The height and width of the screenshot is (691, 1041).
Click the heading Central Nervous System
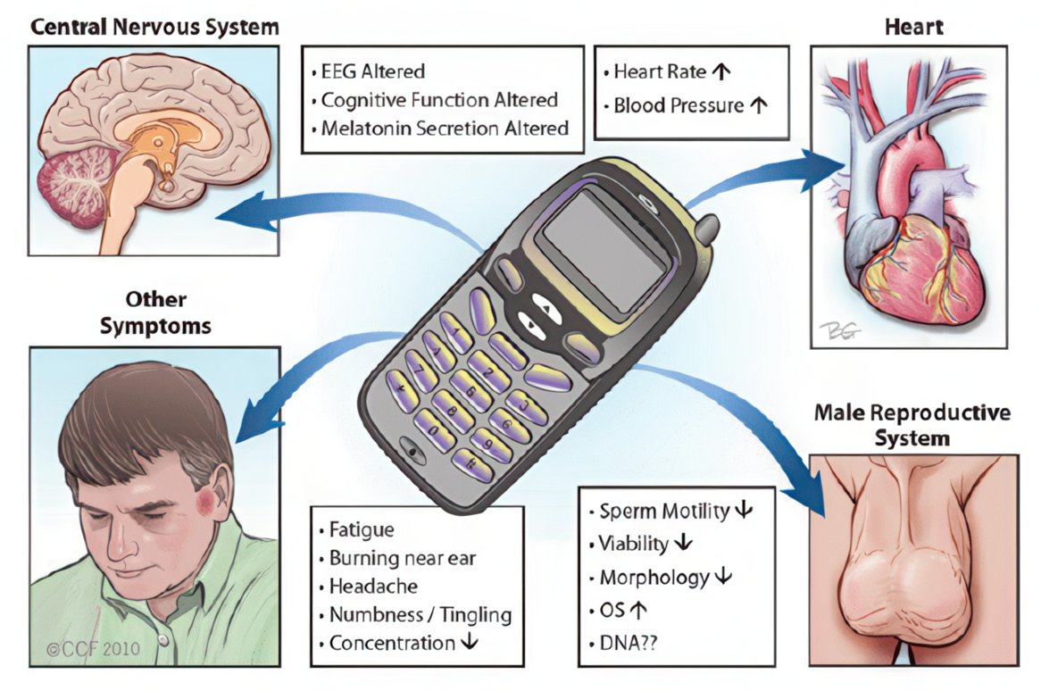point(154,27)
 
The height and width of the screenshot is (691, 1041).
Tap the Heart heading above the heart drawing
point(913,27)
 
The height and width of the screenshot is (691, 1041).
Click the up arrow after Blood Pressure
point(758,105)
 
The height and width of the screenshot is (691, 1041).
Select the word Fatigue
point(362,531)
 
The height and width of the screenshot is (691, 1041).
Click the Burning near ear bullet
point(403,559)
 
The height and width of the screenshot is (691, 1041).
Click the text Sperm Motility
point(663,512)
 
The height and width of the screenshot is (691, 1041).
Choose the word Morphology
point(654,578)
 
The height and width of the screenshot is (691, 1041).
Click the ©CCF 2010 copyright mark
point(89,649)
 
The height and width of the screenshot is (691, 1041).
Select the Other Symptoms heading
point(155,312)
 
